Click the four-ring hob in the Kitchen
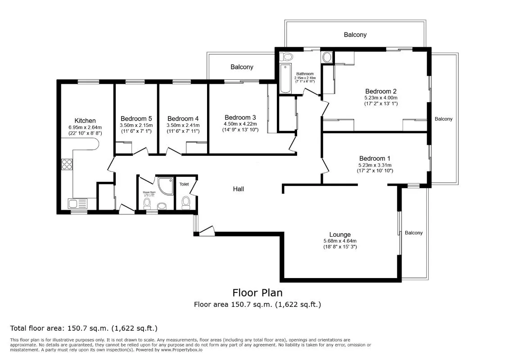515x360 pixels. [67, 165]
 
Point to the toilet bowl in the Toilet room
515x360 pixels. [185, 204]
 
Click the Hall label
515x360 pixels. [239, 189]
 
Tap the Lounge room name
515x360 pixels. [340, 234]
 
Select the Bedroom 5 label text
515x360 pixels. [133, 119]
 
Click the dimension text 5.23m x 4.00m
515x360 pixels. [381, 97]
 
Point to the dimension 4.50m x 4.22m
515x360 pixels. [240, 124]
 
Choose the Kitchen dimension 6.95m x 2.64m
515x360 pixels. [85, 127]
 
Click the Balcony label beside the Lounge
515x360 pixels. [414, 233]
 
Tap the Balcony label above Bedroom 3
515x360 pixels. [242, 67]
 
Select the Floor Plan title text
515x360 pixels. [257, 293]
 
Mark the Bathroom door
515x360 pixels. [311, 92]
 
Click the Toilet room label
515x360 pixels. [184, 184]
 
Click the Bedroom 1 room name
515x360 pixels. [375, 158]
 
